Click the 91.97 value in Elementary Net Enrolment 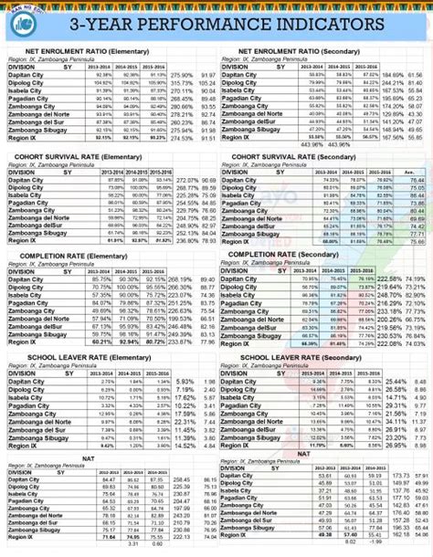click(x=208, y=74)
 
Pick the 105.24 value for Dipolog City click(x=208, y=82)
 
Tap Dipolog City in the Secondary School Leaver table click(x=239, y=389)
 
